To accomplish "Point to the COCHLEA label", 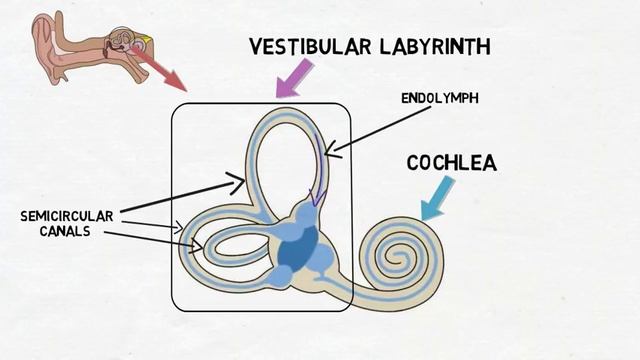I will [x=451, y=162].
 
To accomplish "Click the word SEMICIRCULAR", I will [x=67, y=216].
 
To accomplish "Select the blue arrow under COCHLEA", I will [x=437, y=198].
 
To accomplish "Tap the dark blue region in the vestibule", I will [x=295, y=250].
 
